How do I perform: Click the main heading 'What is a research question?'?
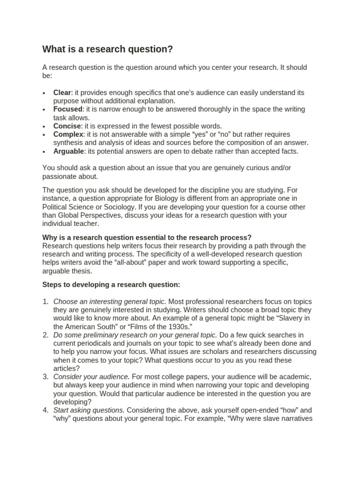(x=108, y=49)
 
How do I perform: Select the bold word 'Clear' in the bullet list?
(x=62, y=92)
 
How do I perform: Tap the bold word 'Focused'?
(x=67, y=109)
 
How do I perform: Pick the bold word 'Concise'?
(x=67, y=126)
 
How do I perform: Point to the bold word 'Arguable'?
(x=69, y=151)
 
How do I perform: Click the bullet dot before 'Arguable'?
(x=44, y=152)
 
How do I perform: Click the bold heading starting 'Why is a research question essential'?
(x=147, y=237)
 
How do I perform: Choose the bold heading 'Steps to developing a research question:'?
(x=111, y=285)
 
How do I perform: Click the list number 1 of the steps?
(x=45, y=301)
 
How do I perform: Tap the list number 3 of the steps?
(x=45, y=377)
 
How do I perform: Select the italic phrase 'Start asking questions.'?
(x=89, y=410)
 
